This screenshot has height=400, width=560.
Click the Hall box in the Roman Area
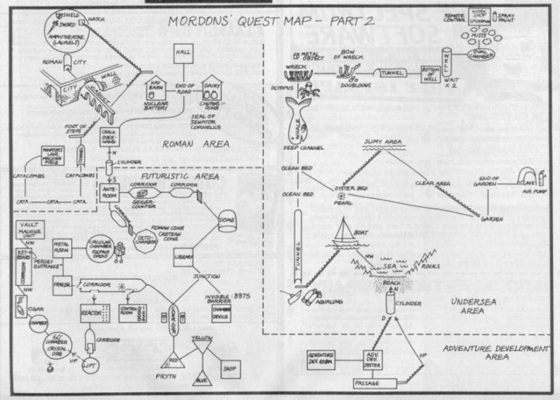point(184,54)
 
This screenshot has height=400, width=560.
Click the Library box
point(184,255)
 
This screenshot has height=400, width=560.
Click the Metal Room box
point(65,249)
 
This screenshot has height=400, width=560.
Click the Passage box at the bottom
point(374,383)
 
